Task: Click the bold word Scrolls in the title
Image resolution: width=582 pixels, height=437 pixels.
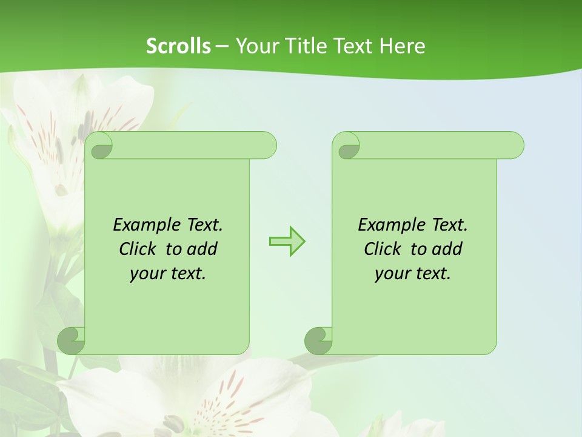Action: [178, 46]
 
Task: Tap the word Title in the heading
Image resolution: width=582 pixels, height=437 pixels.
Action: [304, 46]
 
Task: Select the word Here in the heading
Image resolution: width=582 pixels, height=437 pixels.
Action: [402, 46]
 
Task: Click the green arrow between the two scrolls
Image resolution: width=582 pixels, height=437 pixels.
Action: [287, 242]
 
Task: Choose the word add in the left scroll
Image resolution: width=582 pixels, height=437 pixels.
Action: [202, 249]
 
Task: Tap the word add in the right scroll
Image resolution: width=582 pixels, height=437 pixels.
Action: [447, 249]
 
